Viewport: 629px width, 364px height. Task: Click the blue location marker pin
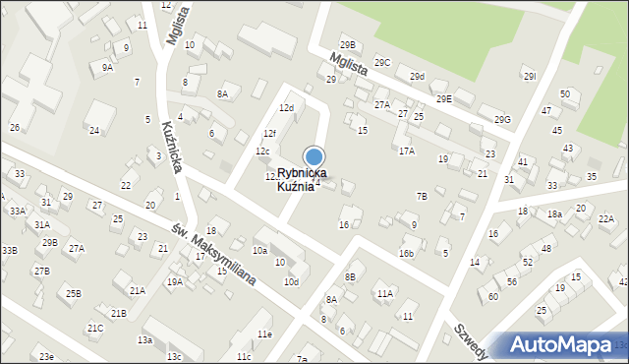pyautogui.click(x=314, y=156)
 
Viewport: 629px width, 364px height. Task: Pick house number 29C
pyautogui.click(x=382, y=62)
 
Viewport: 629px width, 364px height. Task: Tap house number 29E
pyautogui.click(x=444, y=98)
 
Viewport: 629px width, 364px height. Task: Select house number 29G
pyautogui.click(x=503, y=120)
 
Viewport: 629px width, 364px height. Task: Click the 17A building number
pyautogui.click(x=406, y=151)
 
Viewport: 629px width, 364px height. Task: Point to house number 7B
pyautogui.click(x=422, y=196)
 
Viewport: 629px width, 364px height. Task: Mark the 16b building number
pyautogui.click(x=406, y=253)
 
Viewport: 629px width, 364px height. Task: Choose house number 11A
pyautogui.click(x=384, y=293)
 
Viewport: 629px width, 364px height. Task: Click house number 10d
pyautogui.click(x=291, y=281)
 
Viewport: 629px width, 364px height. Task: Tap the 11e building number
pyautogui.click(x=264, y=334)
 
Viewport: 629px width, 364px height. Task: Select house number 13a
pyautogui.click(x=144, y=339)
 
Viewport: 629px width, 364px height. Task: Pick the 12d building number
pyautogui.click(x=286, y=107)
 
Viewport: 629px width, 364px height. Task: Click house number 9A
pyautogui.click(x=107, y=68)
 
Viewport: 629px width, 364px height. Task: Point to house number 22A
pyautogui.click(x=605, y=219)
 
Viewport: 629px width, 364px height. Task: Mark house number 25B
pyautogui.click(x=75, y=293)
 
